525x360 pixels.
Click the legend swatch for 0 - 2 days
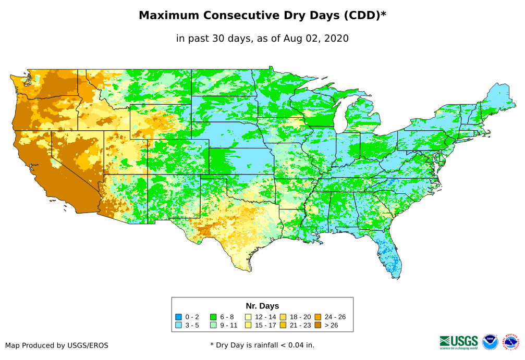point(178,317)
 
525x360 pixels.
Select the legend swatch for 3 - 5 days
point(178,325)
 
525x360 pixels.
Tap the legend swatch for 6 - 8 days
point(213,317)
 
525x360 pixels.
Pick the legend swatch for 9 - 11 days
point(213,325)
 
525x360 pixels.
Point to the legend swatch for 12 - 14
point(248,317)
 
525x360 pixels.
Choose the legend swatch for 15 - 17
point(248,325)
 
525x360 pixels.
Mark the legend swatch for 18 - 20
point(283,317)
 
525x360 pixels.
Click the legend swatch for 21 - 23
point(283,325)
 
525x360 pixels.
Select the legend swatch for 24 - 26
point(318,317)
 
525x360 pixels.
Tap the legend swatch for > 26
point(318,325)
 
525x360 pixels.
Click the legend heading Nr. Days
point(262,306)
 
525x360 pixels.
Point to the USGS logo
point(459,342)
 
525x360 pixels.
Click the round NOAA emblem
point(490,342)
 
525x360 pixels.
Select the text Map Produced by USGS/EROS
point(57,345)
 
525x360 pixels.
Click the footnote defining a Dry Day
point(262,345)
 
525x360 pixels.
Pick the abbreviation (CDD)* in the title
point(364,16)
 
